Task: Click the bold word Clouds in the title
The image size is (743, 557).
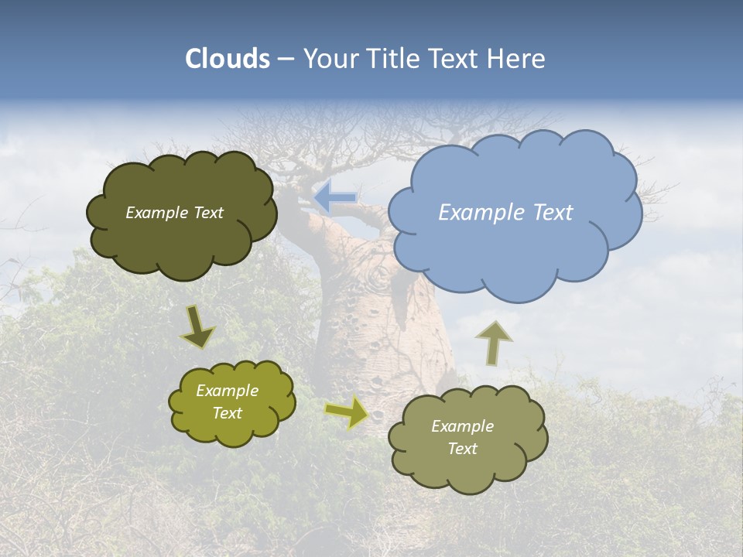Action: pos(228,59)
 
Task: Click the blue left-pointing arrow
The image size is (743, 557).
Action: pos(335,197)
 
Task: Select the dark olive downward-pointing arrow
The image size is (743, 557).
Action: pos(197,326)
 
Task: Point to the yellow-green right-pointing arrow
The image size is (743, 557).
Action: pos(347,412)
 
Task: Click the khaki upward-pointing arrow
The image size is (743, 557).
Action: pos(493,342)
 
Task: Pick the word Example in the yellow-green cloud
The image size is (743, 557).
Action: pos(227,391)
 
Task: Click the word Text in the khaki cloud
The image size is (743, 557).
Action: pos(462,449)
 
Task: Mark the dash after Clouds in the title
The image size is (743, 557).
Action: pos(285,60)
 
